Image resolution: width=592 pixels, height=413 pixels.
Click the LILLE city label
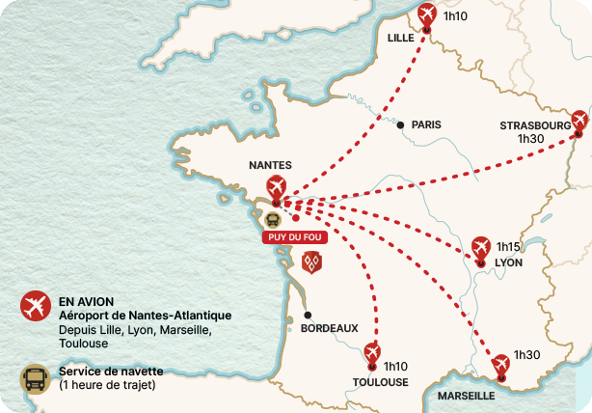400,39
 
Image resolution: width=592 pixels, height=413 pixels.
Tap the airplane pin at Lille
427,16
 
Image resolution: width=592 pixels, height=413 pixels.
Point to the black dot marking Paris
400,124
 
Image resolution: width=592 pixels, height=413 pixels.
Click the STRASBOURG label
535,125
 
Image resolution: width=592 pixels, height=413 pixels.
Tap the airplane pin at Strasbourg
579,122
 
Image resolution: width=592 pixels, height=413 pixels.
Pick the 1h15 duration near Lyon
508,247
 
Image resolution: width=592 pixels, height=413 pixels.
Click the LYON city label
508,262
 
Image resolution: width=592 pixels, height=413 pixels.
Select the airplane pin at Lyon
481,248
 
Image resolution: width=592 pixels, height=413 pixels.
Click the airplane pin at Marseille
499,366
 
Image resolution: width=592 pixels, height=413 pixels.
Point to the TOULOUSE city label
381,382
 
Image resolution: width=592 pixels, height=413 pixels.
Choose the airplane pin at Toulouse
372,355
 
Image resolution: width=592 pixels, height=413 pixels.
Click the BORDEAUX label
330,328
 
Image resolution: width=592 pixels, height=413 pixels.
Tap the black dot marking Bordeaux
308,315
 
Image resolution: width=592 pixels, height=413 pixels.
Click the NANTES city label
270,165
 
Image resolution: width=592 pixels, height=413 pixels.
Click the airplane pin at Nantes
277,187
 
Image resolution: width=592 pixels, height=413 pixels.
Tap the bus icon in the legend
36,378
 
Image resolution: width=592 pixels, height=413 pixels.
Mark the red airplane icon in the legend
36,307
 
